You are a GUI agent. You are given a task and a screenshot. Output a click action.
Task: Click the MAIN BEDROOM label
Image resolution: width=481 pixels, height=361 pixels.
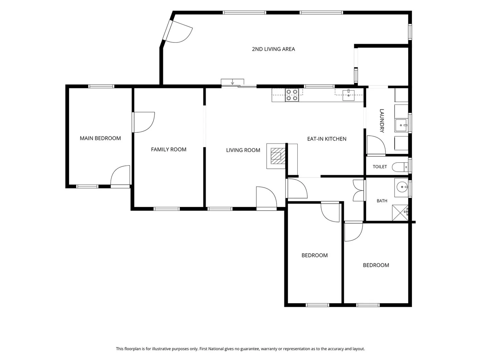point(100,138)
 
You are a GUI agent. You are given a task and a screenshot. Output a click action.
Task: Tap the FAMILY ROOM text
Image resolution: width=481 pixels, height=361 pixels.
point(168,149)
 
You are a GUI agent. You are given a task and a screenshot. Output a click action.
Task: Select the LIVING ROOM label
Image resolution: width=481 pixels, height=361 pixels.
point(243,150)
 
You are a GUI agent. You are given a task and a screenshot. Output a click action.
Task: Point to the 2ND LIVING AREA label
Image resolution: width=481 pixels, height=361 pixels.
point(273,49)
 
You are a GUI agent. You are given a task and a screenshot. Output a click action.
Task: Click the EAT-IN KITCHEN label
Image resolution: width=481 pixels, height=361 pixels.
point(327,139)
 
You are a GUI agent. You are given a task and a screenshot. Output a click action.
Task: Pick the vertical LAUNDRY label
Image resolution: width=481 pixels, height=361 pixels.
point(382,121)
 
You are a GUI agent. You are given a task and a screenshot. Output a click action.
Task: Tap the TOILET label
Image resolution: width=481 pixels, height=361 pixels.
point(380,167)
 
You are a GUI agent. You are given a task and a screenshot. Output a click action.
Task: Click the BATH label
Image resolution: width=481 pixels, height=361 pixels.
point(382,201)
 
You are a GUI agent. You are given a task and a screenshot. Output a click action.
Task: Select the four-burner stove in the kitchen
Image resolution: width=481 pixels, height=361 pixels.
point(292,95)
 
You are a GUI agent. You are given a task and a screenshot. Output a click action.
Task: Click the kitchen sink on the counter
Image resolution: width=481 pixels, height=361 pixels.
point(348,95)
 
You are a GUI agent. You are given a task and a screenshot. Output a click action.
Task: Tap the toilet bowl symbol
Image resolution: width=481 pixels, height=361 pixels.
point(400,167)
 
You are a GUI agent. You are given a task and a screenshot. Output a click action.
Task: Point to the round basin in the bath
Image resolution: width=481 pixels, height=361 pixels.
point(402,187)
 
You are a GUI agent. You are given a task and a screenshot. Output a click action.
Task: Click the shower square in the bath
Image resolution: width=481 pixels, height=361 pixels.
point(400,213)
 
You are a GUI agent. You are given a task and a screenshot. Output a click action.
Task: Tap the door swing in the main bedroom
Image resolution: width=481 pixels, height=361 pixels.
point(120,175)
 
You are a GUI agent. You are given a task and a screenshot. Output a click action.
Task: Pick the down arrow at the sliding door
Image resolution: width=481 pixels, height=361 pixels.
point(232,83)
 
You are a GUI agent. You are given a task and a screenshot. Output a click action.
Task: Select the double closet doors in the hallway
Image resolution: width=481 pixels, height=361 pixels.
point(358,191)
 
